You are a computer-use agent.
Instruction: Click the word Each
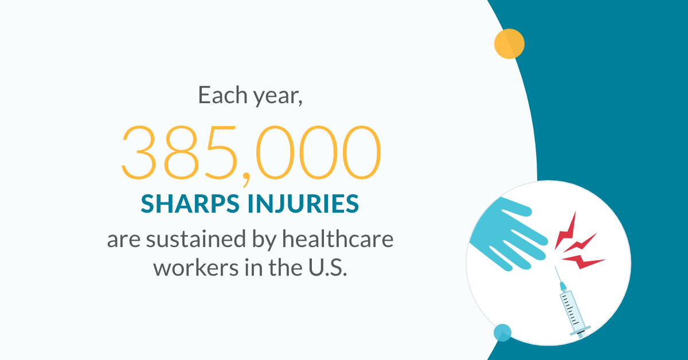(222, 95)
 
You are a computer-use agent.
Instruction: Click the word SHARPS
(190, 204)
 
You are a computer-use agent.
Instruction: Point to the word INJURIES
(303, 204)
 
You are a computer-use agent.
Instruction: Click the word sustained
(196, 239)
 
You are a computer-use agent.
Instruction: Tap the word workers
(196, 268)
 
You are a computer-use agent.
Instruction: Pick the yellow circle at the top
(509, 44)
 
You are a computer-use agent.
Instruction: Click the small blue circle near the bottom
(502, 332)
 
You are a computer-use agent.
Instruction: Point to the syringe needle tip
(555, 266)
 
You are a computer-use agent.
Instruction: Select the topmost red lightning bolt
(566, 230)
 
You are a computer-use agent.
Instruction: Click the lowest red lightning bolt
(583, 261)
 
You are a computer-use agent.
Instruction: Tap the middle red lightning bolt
(580, 243)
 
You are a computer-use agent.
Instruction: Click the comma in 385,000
(246, 180)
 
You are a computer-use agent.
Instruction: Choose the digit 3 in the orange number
(138, 152)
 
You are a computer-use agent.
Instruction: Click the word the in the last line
(286, 267)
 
